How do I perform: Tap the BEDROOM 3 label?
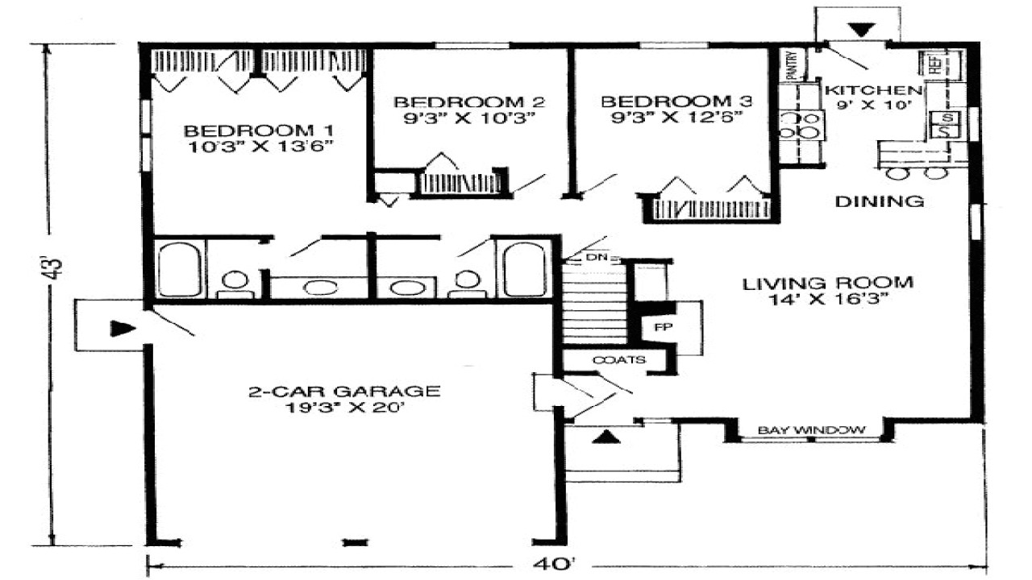676,101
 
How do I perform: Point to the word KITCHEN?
871,90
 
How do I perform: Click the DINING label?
879,201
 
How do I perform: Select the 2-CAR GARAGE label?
343,392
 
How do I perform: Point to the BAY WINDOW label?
811,430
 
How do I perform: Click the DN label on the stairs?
596,258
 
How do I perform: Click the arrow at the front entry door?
609,438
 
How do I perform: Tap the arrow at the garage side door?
121,327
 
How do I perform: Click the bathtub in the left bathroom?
178,268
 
